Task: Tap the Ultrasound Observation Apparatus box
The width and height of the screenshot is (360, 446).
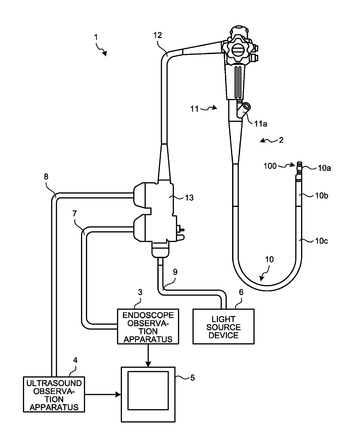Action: click(54, 394)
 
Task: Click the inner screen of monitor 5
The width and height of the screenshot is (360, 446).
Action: click(148, 391)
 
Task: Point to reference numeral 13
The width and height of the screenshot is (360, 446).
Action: click(189, 198)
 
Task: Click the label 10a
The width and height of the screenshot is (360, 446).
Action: click(324, 168)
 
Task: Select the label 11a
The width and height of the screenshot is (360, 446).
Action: click(261, 124)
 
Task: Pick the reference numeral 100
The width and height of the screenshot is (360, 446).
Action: click(270, 166)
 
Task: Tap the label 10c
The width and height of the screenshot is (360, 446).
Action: click(321, 241)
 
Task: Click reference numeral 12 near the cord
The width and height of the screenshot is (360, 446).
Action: click(158, 35)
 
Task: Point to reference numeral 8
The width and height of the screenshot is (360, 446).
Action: click(46, 177)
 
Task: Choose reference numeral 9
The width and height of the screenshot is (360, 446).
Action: click(175, 272)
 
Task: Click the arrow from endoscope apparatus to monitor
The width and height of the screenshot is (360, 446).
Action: click(148, 355)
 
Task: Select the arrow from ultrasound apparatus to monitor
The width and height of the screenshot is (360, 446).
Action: click(103, 394)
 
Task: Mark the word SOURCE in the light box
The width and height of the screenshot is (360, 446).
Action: click(224, 327)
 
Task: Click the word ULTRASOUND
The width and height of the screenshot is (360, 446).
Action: click(54, 383)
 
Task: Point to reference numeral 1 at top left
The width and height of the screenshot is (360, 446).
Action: click(96, 37)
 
